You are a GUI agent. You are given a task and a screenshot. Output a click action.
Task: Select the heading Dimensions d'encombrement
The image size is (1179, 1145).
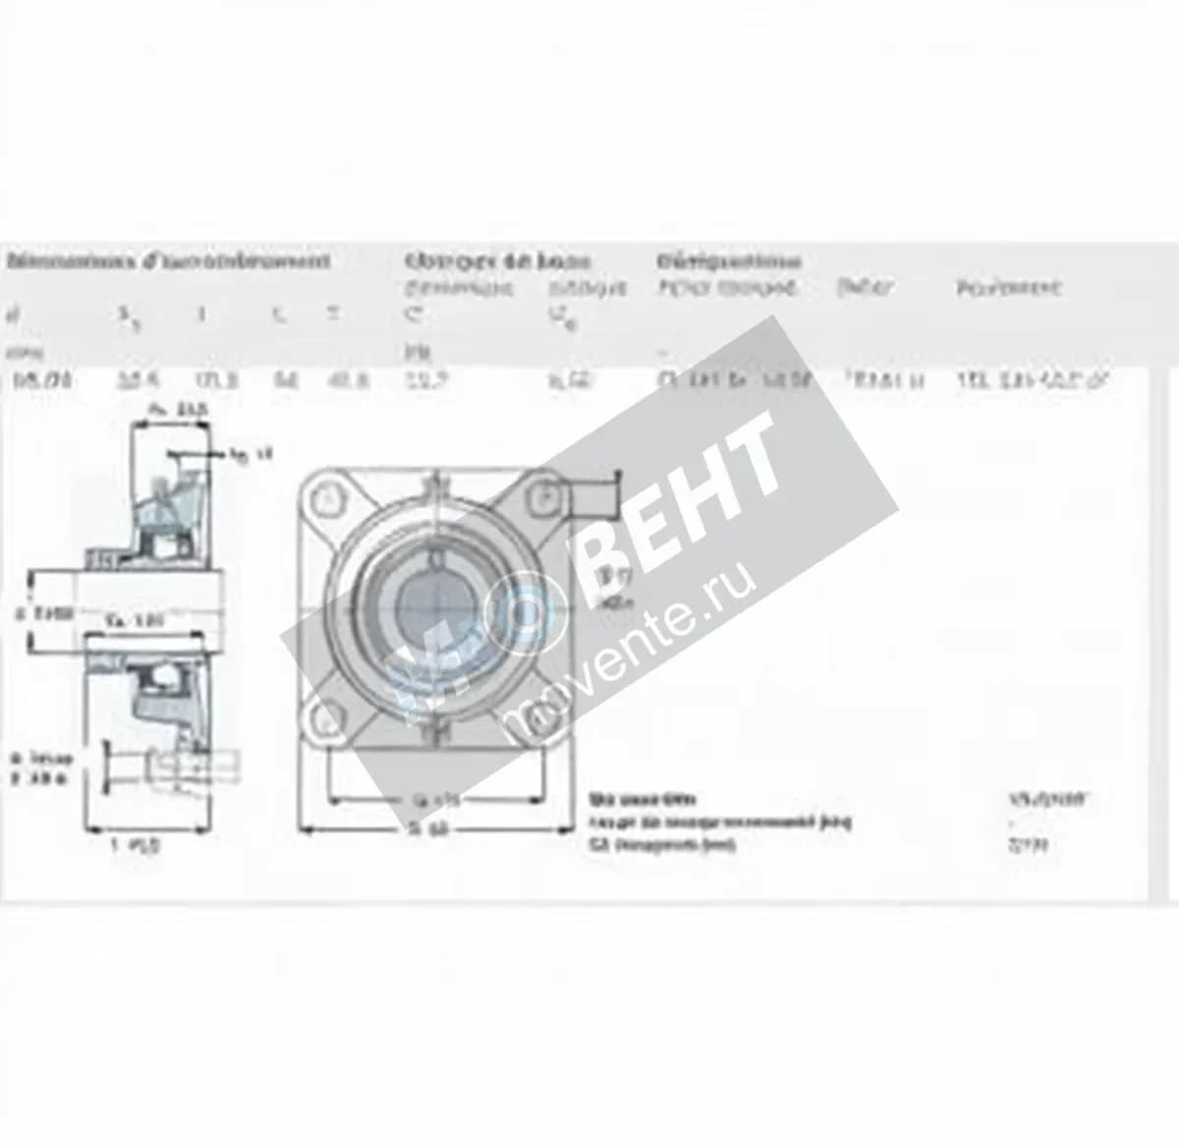coord(167,261)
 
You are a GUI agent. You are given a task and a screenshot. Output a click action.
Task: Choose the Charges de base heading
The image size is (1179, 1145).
coord(497,261)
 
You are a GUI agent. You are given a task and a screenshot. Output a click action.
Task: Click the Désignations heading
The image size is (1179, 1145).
coord(728,261)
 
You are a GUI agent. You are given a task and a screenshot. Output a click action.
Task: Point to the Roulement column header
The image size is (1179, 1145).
coord(1008,288)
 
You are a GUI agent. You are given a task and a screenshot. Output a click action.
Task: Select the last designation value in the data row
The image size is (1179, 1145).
coord(1032,381)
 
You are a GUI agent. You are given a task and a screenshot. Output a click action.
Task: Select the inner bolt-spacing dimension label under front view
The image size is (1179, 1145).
coord(432,800)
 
